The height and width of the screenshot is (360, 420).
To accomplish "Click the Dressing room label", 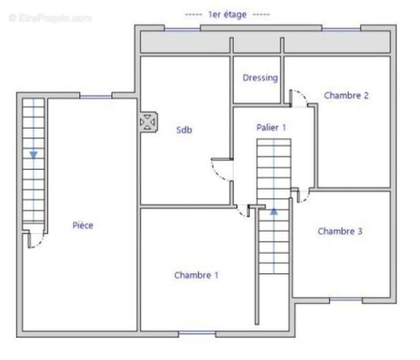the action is (260, 78).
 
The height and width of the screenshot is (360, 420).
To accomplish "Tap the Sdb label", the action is (184, 130).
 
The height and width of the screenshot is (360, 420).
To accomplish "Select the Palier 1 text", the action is (271, 127).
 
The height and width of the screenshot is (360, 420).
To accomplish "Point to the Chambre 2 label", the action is (346, 95).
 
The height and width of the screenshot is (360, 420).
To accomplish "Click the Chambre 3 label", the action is (340, 231).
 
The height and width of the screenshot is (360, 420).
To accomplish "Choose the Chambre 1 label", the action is (196, 275).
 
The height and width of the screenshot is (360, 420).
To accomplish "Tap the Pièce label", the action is (83, 225).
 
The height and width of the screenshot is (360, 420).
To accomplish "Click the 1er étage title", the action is (227, 15).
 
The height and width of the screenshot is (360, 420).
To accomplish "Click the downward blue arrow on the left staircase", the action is (34, 155).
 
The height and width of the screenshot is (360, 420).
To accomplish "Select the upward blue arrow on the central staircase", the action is (274, 211).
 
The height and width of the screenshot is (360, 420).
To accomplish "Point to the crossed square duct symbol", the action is (148, 122).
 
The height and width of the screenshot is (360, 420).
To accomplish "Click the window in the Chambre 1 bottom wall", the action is (197, 333).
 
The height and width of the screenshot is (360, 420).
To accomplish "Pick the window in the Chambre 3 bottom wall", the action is (346, 300).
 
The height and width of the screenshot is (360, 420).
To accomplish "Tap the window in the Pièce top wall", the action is (96, 97).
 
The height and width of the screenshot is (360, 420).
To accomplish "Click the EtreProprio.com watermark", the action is (50, 18).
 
